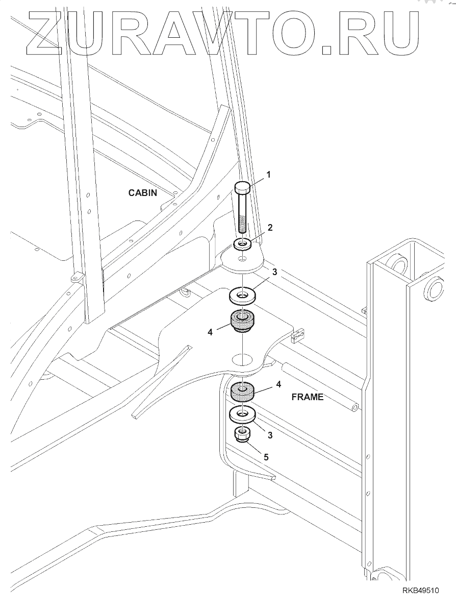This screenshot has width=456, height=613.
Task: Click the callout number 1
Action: pyautogui.click(x=268, y=175)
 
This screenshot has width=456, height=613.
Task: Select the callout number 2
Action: pyautogui.click(x=270, y=227)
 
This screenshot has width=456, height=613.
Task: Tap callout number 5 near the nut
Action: pyautogui.click(x=266, y=457)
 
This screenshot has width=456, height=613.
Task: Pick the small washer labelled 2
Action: pyautogui.click(x=243, y=244)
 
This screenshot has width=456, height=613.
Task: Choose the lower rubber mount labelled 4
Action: pyautogui.click(x=243, y=391)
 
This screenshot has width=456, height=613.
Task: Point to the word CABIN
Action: pyautogui.click(x=142, y=192)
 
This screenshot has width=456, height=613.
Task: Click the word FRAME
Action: pyautogui.click(x=308, y=397)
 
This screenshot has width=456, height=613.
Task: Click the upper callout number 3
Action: pyautogui.click(x=274, y=272)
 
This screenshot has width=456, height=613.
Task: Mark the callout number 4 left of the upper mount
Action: pyautogui.click(x=210, y=332)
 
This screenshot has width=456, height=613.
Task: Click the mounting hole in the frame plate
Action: pyautogui.click(x=243, y=359)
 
